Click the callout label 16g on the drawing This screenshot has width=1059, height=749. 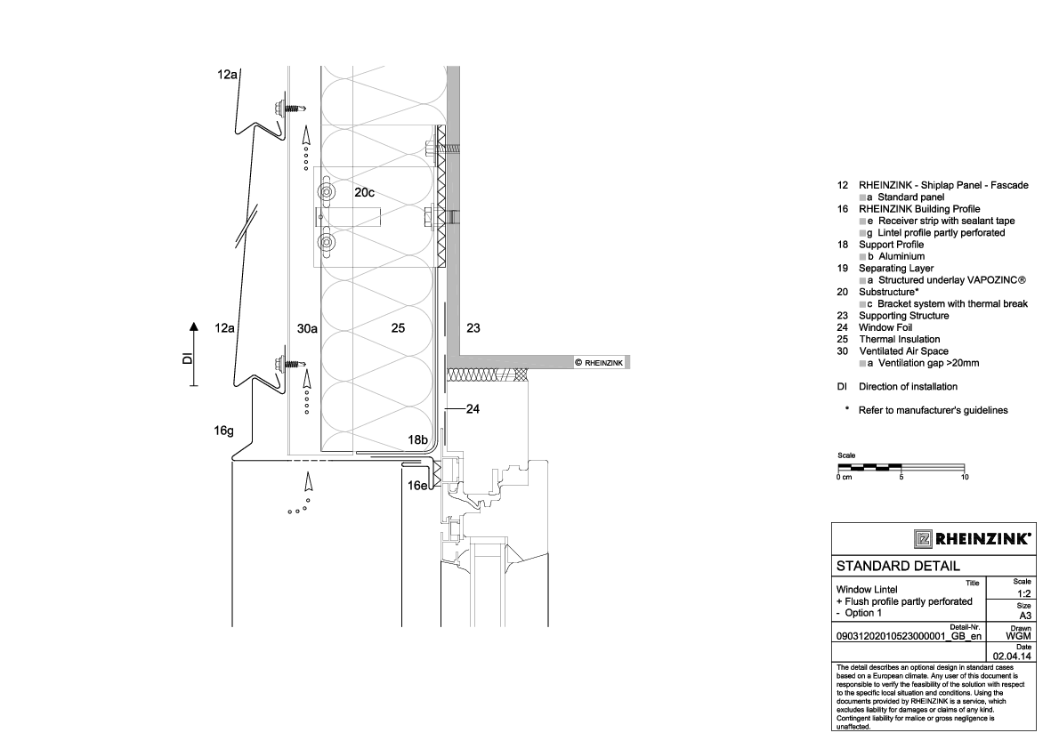pyautogui.click(x=223, y=431)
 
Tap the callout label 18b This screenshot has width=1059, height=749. pyautogui.click(x=418, y=439)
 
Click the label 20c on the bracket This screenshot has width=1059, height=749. pyautogui.click(x=363, y=192)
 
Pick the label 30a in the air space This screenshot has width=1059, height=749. pyautogui.click(x=307, y=328)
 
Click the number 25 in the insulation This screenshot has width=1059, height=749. pyautogui.click(x=398, y=328)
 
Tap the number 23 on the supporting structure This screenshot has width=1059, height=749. pyautogui.click(x=473, y=328)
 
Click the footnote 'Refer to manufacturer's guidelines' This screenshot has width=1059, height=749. pyautogui.click(x=933, y=410)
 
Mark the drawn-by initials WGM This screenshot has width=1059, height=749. pyautogui.click(x=1019, y=636)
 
